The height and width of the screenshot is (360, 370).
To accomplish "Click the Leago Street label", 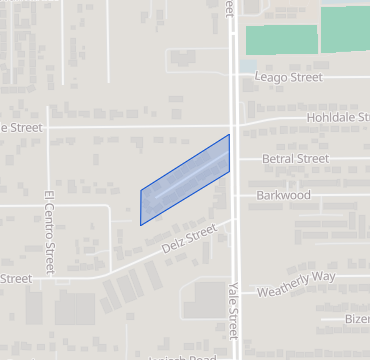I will point(288,77).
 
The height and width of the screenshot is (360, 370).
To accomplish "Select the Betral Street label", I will point(295,159).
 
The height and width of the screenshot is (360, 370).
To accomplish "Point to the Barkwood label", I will point(284,195).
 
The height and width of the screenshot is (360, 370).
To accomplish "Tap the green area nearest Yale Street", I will point(281,40).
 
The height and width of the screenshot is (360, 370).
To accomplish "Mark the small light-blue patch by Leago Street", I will point(247,65).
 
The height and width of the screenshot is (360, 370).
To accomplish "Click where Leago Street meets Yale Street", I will point(235,76).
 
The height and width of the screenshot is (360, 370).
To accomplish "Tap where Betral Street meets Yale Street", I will point(236,159).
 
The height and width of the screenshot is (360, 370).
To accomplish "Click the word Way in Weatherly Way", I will point(321,277).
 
